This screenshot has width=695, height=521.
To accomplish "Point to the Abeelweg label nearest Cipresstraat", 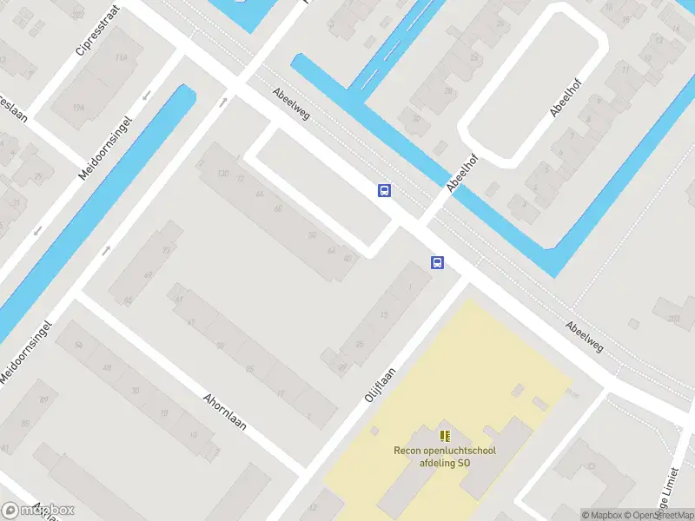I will coord(290,104).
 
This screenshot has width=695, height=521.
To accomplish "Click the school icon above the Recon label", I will coord(445,436).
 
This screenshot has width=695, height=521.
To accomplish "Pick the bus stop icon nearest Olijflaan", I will coord(437,262).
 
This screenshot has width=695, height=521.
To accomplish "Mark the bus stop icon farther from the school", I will coord(384,190).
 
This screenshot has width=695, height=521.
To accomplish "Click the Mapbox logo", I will coord(37,510).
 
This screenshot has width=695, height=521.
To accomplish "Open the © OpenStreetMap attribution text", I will coord(657,515).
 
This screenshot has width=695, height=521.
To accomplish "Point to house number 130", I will coord(222,174).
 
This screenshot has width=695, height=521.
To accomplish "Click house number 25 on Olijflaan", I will coord(359,346).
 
